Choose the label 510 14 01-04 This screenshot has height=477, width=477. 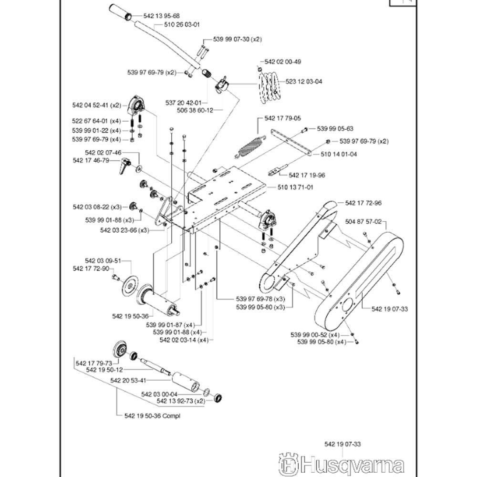tap(339, 155)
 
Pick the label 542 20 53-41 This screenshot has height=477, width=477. tap(127, 380)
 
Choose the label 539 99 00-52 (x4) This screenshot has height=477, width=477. tap(318, 334)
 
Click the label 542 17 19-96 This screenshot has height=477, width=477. tap(307, 176)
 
